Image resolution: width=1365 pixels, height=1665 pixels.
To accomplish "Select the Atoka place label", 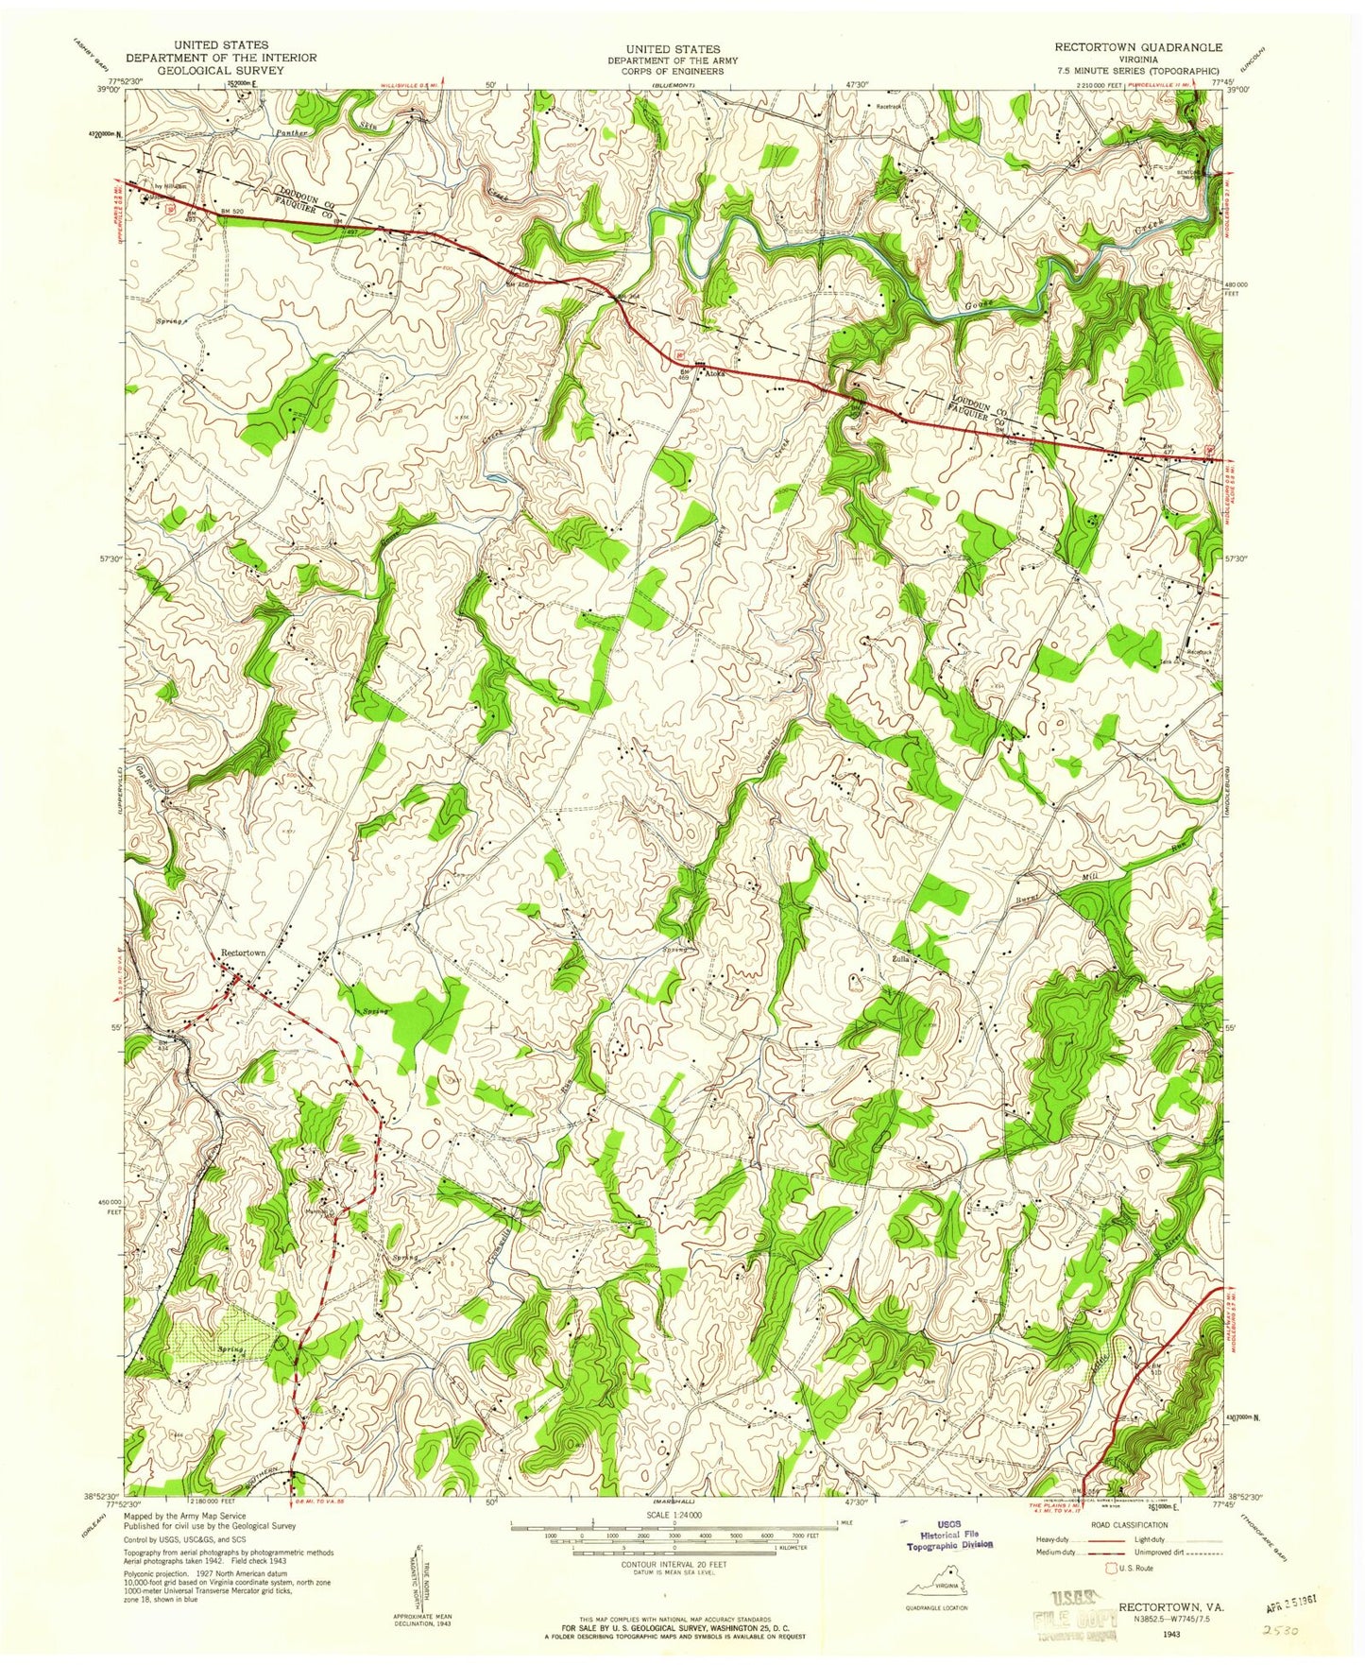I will point(715,374).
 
